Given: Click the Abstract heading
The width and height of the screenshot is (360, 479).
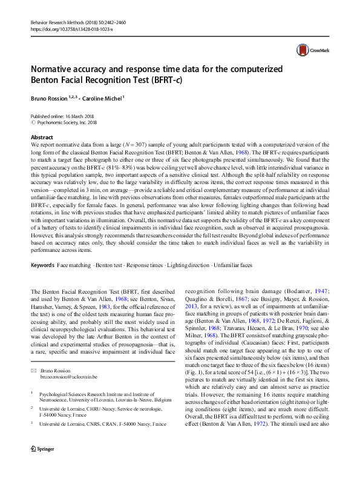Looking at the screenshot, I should coord(42,137).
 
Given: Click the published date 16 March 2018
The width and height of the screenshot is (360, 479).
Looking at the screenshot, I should coord(74,116).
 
